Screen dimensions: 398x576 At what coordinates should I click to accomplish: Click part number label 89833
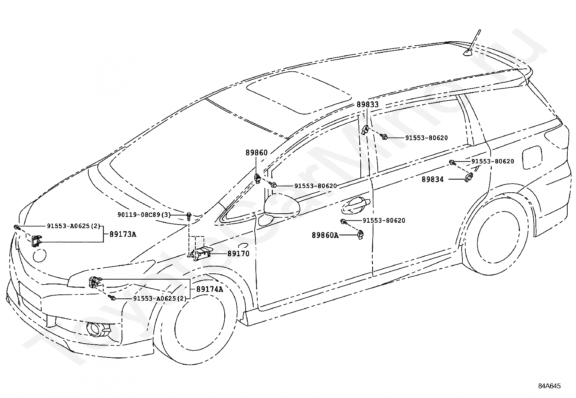point(367,105)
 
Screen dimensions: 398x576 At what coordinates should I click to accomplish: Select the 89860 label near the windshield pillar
point(257,153)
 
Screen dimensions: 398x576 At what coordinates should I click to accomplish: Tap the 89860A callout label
point(325,235)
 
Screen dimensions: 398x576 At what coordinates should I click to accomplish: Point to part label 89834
point(432,179)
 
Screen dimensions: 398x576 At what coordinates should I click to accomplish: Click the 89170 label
point(238,254)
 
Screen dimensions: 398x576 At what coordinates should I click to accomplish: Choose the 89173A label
point(123,234)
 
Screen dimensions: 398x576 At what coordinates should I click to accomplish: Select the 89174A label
point(209,289)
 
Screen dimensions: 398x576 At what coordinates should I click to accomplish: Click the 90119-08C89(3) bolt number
point(144,215)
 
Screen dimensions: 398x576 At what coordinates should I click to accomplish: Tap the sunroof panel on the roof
point(298,92)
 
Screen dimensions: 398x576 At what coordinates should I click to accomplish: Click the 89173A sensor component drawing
point(36,240)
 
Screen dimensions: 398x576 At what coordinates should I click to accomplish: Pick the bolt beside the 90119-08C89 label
point(189,216)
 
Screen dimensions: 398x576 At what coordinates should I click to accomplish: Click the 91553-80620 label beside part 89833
point(426,138)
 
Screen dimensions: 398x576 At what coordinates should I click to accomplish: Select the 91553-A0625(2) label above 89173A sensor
point(73,226)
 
